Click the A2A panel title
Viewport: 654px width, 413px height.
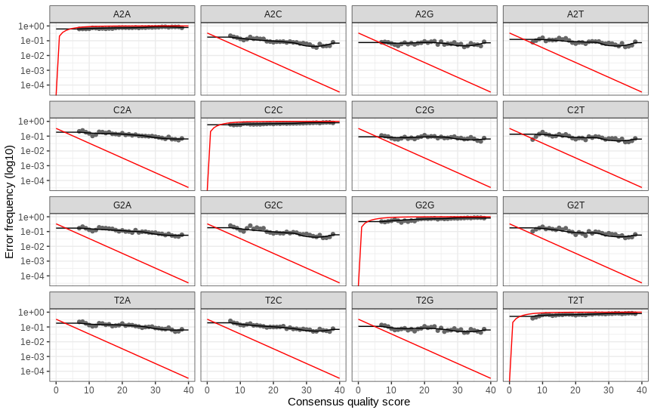(x=122, y=14)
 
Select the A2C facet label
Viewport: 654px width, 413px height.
(x=273, y=14)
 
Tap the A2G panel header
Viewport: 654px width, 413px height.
(x=424, y=14)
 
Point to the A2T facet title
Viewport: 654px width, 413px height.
(x=575, y=14)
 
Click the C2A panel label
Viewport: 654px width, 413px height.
(x=122, y=110)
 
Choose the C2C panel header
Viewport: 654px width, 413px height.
(x=273, y=110)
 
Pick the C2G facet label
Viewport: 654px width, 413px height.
(x=424, y=110)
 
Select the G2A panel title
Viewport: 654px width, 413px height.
(x=122, y=205)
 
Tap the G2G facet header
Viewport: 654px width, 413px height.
(x=424, y=205)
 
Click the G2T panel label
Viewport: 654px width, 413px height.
(x=575, y=205)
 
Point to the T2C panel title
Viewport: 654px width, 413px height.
(x=273, y=301)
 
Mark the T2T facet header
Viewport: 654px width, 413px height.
(x=575, y=301)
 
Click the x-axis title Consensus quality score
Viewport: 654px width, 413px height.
(x=349, y=402)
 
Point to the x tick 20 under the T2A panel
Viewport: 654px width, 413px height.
(x=122, y=390)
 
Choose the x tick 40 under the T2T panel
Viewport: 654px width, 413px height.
(x=641, y=390)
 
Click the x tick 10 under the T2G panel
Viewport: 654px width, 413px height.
(x=391, y=390)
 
